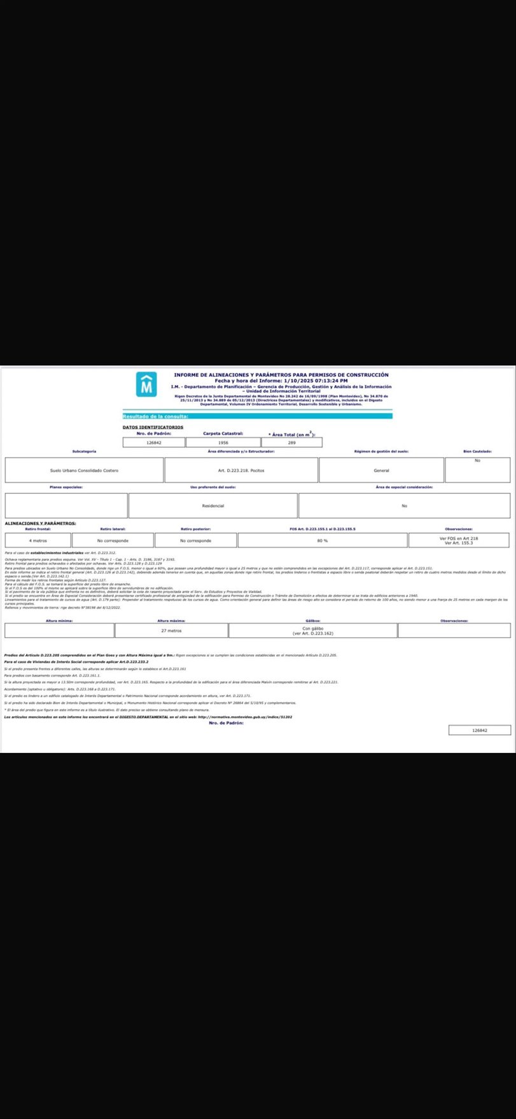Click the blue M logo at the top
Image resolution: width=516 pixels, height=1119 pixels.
[x=146, y=384]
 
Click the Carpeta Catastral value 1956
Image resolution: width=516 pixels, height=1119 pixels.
[x=223, y=442]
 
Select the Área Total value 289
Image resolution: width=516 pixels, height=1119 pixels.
[x=292, y=442]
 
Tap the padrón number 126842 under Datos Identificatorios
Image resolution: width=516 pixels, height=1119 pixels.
[x=153, y=442]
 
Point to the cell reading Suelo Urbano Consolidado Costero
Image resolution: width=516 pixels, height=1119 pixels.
[x=84, y=470]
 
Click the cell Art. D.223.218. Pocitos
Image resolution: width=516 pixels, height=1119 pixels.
[x=241, y=470]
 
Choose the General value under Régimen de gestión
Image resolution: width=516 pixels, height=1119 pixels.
[x=381, y=470]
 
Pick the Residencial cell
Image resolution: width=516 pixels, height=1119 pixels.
[x=213, y=506]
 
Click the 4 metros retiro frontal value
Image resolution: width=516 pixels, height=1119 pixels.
[x=38, y=540]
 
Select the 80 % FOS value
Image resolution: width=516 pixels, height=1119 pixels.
[x=322, y=540]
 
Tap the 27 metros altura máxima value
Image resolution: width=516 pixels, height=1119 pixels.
[x=171, y=631]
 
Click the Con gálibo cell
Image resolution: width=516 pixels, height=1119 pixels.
[x=312, y=631]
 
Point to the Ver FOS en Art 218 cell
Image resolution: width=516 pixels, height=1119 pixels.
[x=459, y=540]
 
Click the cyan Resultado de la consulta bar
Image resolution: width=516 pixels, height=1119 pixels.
[x=257, y=416]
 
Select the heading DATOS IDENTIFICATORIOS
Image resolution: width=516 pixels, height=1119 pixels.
[x=153, y=427]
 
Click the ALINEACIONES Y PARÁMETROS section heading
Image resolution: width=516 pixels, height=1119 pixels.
[x=40, y=523]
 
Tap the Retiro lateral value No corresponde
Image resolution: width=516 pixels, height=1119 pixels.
[x=113, y=540]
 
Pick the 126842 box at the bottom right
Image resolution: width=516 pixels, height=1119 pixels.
[x=479, y=730]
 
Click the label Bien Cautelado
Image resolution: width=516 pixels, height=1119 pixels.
[x=477, y=451]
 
